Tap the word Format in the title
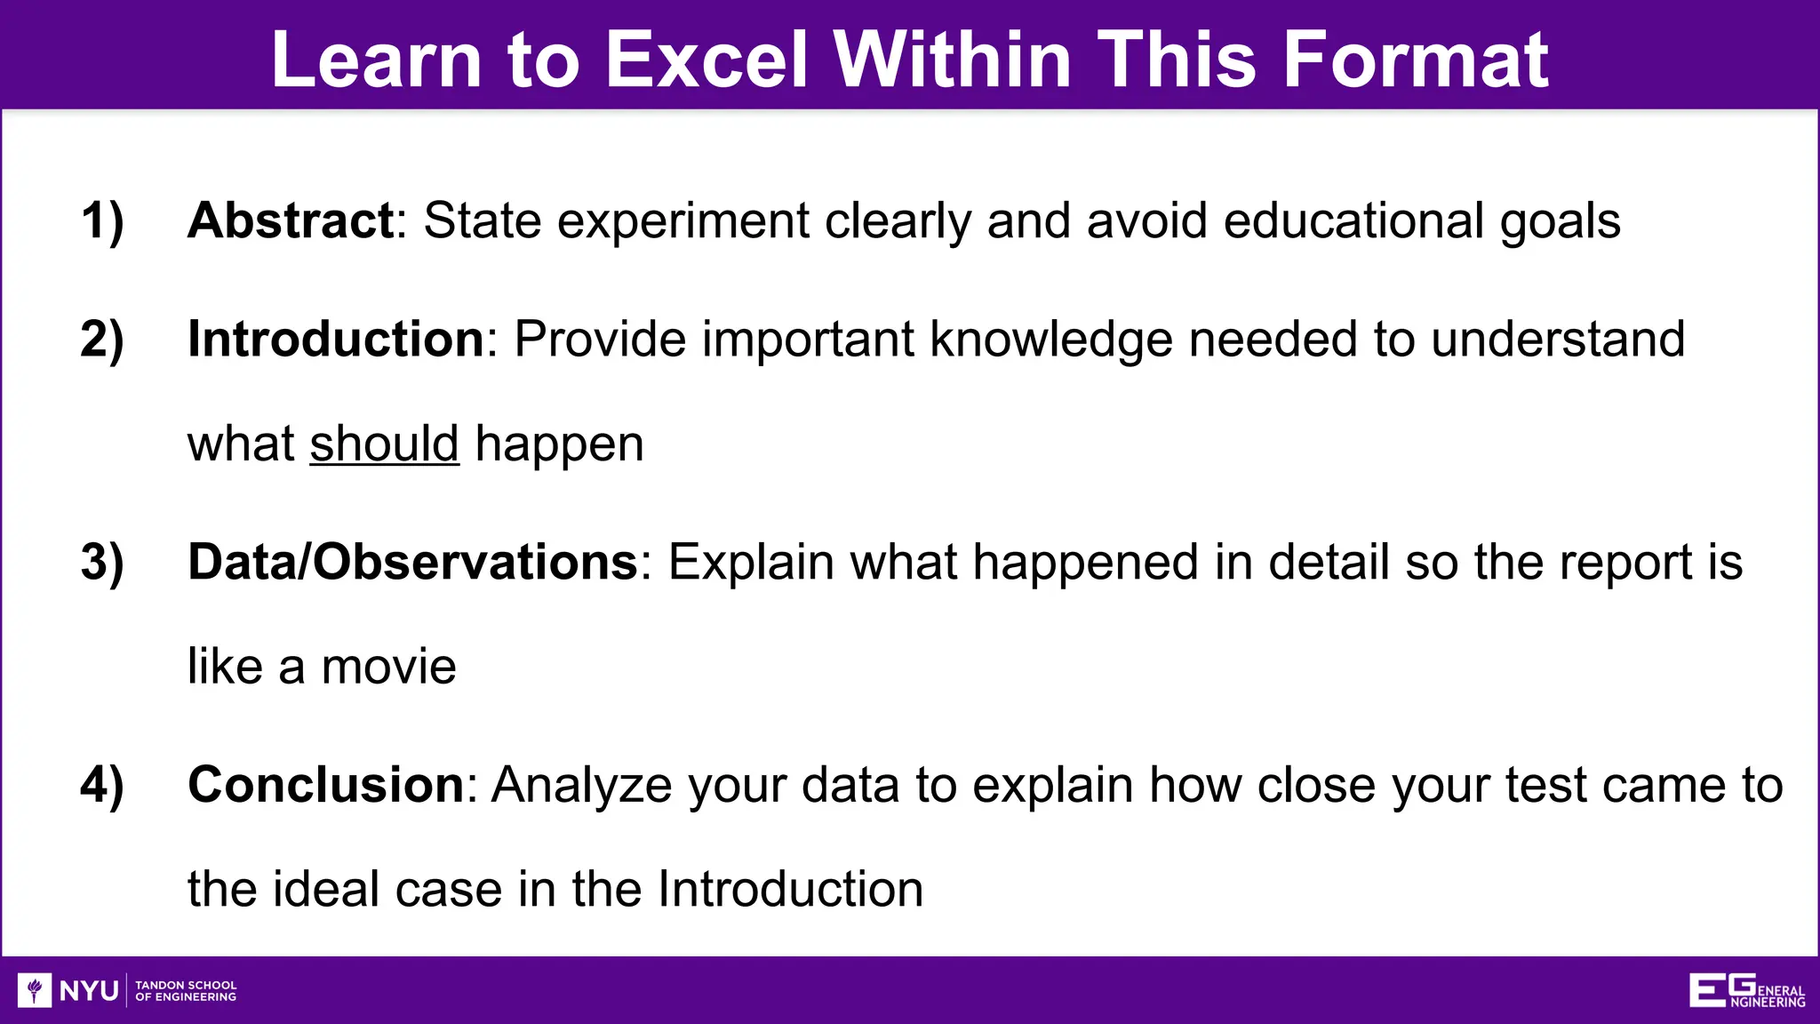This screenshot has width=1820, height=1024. tap(1416, 60)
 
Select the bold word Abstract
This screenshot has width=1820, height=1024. tap(291, 220)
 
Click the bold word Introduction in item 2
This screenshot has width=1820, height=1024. tap(336, 340)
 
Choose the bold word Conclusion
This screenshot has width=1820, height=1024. tap(326, 786)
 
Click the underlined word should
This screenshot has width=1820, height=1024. tap(384, 444)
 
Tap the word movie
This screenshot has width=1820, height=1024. tap(388, 667)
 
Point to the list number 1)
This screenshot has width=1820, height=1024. tap(102, 220)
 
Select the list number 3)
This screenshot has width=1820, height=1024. tap(102, 563)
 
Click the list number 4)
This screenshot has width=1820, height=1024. tap(102, 786)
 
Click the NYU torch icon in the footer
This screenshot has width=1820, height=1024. tap(35, 989)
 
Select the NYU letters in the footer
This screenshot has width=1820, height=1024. tap(89, 990)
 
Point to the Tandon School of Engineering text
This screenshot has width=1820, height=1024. tap(186, 990)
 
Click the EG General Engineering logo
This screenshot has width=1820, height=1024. tap(1746, 990)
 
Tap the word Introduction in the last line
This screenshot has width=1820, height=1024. tap(790, 889)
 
